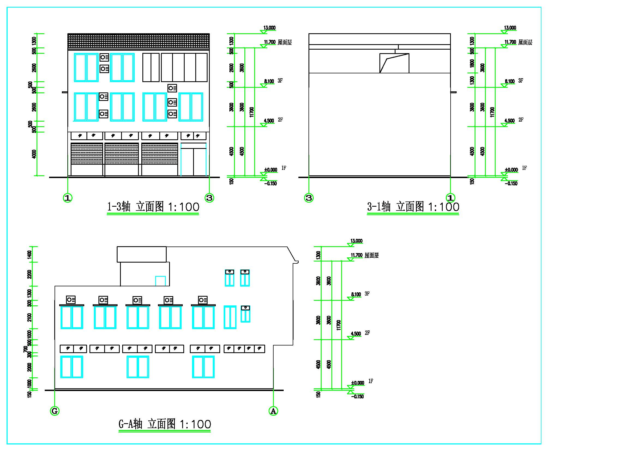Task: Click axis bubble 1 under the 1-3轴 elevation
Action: pyautogui.click(x=68, y=198)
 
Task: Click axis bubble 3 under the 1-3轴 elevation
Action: pyautogui.click(x=209, y=198)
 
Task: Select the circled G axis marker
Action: pyautogui.click(x=55, y=411)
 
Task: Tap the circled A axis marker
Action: pyautogui.click(x=273, y=411)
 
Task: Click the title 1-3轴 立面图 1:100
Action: pyautogui.click(x=153, y=207)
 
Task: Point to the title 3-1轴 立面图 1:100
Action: pyautogui.click(x=413, y=207)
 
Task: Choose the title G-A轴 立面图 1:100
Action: pyautogui.click(x=165, y=424)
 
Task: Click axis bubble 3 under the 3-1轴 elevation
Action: pyautogui.click(x=309, y=198)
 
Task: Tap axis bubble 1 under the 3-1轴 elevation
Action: pyautogui.click(x=450, y=198)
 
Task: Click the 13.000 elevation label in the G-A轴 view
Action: pyautogui.click(x=357, y=241)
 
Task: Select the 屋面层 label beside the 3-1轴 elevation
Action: pyautogui.click(x=525, y=43)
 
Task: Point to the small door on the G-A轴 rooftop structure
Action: pyautogui.click(x=160, y=281)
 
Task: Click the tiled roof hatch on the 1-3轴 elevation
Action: pyautogui.click(x=138, y=41)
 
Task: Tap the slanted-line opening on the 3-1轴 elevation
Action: pyautogui.click(x=394, y=63)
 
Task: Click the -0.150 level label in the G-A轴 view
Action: pyautogui.click(x=357, y=396)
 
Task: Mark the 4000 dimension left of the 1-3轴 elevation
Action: pyautogui.click(x=34, y=154)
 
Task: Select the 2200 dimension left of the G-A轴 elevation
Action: pyautogui.click(x=29, y=274)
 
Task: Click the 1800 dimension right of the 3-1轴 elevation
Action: pyautogui.click(x=472, y=63)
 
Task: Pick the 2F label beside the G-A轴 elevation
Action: pyautogui.click(x=367, y=333)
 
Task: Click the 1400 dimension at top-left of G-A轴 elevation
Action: pyautogui.click(x=29, y=254)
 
